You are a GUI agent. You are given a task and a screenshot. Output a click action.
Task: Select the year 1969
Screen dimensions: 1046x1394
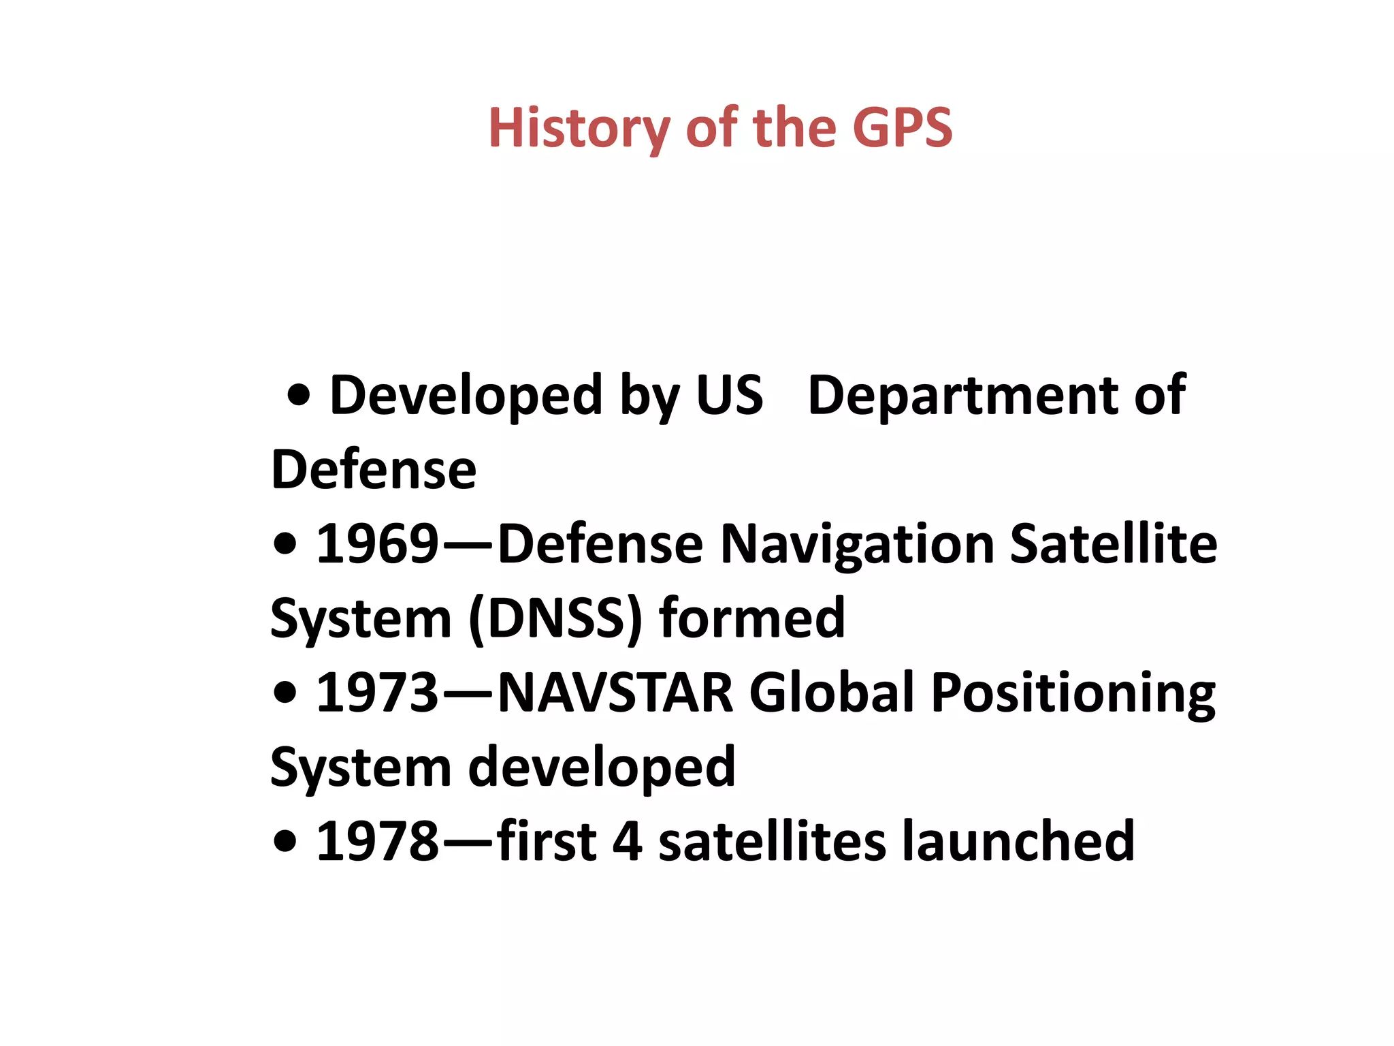[x=377, y=544]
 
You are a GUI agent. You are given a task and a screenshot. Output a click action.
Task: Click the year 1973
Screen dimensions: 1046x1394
[x=377, y=693]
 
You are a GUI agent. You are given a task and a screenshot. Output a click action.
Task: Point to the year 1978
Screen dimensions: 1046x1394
[x=377, y=842]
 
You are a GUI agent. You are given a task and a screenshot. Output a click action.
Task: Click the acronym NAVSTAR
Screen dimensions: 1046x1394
[x=615, y=693]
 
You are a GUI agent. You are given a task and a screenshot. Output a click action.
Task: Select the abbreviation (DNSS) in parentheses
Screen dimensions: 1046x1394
[x=555, y=618]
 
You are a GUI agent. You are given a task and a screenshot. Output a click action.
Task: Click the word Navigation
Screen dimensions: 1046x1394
[x=857, y=545]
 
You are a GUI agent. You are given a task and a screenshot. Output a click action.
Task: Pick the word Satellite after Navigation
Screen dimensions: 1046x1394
[x=1114, y=544]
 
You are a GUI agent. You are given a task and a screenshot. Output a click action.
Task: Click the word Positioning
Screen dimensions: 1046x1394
[x=1073, y=694]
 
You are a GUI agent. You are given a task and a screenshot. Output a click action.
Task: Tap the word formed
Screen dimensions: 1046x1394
[x=752, y=618]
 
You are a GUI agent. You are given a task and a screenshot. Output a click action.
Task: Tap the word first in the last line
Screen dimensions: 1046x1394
[x=547, y=842]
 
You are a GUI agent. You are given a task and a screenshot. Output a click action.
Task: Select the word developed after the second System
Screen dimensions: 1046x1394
[x=602, y=767]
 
